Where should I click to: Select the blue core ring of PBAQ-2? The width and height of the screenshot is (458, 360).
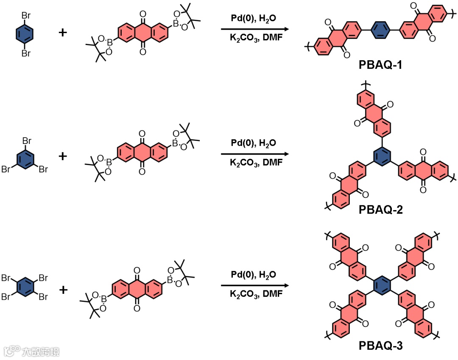click(x=380, y=158)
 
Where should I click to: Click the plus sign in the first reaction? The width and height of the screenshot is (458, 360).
click(x=63, y=32)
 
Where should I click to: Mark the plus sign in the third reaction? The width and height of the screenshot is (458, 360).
click(x=63, y=290)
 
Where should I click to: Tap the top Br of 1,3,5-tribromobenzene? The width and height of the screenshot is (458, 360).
click(x=26, y=141)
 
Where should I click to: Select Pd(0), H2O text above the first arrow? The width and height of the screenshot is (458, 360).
click(x=253, y=19)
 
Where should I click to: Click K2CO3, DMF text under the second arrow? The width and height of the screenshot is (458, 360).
click(x=253, y=163)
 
